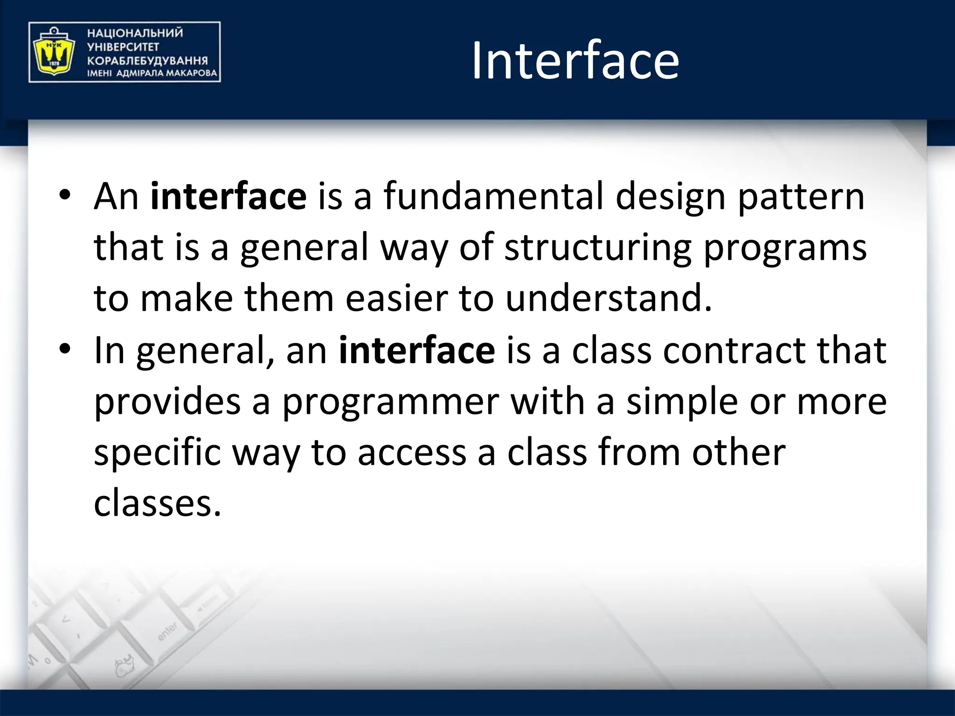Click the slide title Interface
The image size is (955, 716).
click(575, 61)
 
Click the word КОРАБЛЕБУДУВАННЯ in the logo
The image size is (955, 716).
click(147, 61)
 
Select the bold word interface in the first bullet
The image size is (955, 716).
click(228, 197)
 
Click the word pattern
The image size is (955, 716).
click(801, 197)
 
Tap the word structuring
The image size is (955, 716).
click(598, 248)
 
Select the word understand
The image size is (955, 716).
click(609, 299)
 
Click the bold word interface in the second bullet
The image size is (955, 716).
click(416, 350)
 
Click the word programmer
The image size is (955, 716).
click(391, 401)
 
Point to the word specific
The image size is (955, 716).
click(157, 453)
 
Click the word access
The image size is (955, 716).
click(412, 453)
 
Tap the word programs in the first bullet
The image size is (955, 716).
click(785, 248)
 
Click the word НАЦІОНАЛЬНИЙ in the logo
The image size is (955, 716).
click(135, 33)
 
